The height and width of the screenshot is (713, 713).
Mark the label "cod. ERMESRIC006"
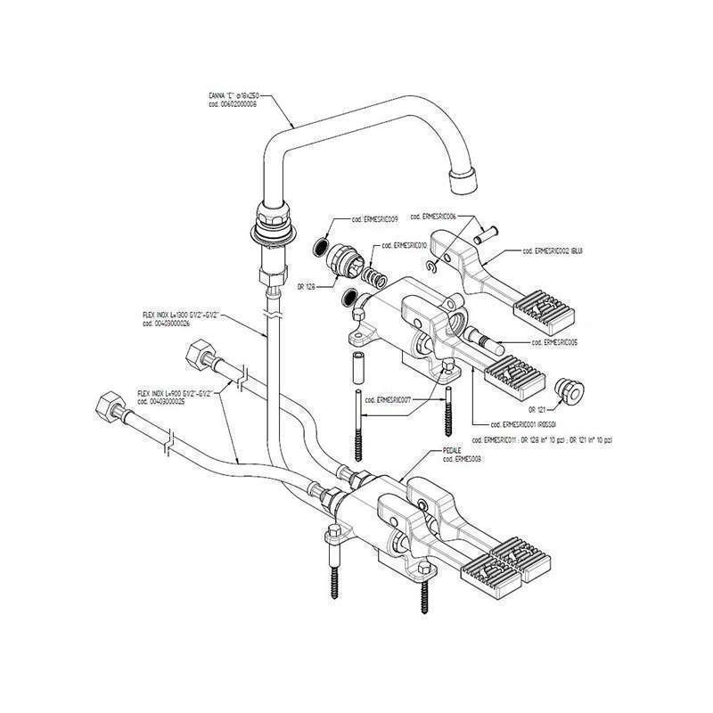(434, 217)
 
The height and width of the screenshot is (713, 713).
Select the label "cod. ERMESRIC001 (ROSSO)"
(515, 423)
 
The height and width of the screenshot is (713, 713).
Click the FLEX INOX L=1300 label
(181, 316)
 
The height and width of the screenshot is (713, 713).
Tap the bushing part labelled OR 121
(564, 389)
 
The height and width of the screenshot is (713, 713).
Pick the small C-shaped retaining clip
(430, 265)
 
